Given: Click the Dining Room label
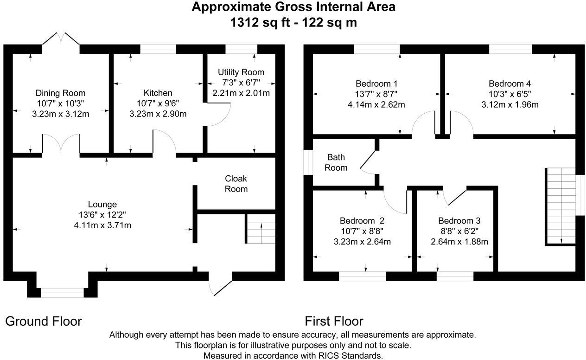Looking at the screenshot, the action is click(60, 93).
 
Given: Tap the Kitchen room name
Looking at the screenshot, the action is click(158, 93).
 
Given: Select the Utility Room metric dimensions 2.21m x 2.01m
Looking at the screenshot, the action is click(241, 93).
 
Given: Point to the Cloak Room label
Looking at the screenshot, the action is click(236, 184).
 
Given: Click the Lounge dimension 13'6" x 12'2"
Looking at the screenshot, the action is click(102, 215).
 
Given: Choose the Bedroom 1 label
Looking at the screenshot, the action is click(376, 84).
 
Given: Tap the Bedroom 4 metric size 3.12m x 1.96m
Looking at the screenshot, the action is click(510, 105).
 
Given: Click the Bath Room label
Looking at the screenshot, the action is click(336, 162).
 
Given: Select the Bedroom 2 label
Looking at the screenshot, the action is click(362, 221).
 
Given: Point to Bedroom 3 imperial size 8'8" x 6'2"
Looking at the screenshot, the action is click(459, 231).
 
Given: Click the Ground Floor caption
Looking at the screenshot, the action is click(44, 321).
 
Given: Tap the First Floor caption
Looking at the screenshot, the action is click(334, 321).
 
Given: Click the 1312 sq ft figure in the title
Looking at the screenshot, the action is click(260, 23).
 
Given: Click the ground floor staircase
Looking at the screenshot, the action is click(260, 229).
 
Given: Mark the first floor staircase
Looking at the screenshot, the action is click(561, 206).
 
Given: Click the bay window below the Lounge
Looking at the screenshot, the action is click(62, 293).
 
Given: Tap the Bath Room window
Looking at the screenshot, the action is click(308, 162).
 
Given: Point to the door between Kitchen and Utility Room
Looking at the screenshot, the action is click(217, 115).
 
